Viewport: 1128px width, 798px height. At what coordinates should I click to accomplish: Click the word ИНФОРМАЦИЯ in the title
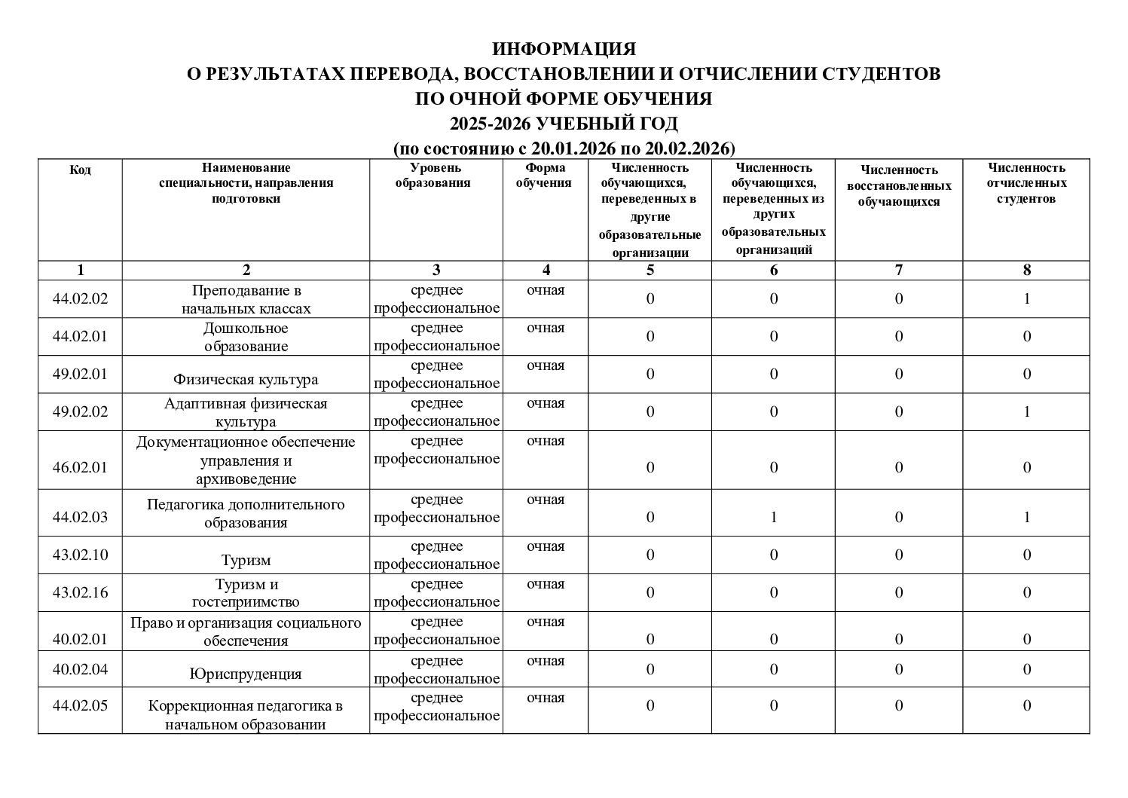pyautogui.click(x=564, y=50)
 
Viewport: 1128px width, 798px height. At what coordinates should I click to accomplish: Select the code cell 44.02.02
pyautogui.click(x=81, y=299)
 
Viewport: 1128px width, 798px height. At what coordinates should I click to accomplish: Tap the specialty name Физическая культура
pyautogui.click(x=246, y=380)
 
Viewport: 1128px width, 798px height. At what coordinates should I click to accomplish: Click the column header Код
pyautogui.click(x=81, y=170)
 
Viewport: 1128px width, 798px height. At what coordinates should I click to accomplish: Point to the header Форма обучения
pyautogui.click(x=545, y=176)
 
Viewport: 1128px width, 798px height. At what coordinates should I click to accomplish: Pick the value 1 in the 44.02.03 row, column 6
pyautogui.click(x=774, y=518)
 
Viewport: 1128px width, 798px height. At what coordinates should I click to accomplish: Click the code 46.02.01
pyautogui.click(x=81, y=467)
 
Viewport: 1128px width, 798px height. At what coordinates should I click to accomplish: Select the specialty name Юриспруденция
pyautogui.click(x=246, y=674)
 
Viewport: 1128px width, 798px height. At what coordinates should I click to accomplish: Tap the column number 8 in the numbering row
pyautogui.click(x=1026, y=271)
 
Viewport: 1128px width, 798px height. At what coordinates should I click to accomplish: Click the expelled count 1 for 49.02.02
pyautogui.click(x=1026, y=412)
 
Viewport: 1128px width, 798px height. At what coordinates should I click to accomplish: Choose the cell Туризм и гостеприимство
pyautogui.click(x=246, y=593)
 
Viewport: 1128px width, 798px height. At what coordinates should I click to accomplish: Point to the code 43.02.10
pyautogui.click(x=81, y=555)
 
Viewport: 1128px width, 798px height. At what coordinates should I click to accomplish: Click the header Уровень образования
pyautogui.click(x=436, y=176)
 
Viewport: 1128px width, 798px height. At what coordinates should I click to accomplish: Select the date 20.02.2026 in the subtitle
pyautogui.click(x=684, y=148)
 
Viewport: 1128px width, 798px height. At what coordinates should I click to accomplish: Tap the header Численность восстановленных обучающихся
pyautogui.click(x=899, y=186)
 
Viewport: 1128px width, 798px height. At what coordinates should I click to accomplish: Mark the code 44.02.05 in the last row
pyautogui.click(x=81, y=706)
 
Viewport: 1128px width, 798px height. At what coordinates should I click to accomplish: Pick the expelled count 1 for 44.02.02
pyautogui.click(x=1026, y=299)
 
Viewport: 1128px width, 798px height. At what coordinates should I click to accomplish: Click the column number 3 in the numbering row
pyautogui.click(x=436, y=271)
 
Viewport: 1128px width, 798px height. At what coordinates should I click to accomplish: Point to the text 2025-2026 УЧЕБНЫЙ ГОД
pyautogui.click(x=564, y=124)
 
